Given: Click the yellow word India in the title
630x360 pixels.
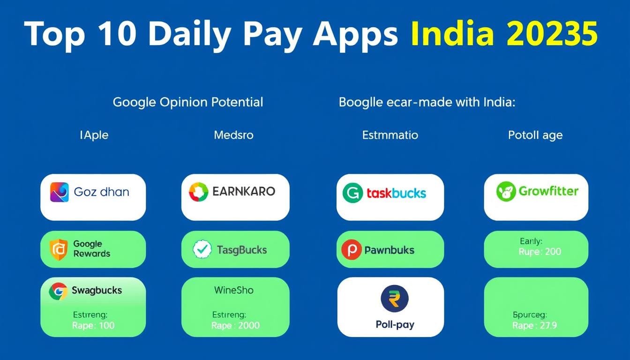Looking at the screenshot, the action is (x=452, y=33).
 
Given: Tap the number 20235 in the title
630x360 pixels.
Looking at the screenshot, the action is (x=552, y=34).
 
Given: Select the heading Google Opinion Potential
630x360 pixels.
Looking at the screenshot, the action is (x=188, y=102).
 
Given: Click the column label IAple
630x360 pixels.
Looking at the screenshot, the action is (x=94, y=135).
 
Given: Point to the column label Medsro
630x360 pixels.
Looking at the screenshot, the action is (x=233, y=135).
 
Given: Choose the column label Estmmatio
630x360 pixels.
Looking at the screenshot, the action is (x=390, y=135).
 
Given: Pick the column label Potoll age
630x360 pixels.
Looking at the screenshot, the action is (x=535, y=135).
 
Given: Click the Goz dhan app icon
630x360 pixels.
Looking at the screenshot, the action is (x=60, y=192).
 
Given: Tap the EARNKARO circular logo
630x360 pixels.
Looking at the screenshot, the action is (x=199, y=192).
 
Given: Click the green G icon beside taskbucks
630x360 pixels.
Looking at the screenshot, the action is (x=352, y=193).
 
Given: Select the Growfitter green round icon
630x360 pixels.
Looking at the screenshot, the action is (x=506, y=192).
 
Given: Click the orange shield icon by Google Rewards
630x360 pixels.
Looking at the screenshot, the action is (x=59, y=249).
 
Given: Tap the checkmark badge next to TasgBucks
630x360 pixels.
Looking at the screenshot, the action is (x=202, y=249).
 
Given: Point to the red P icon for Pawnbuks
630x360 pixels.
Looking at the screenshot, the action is (x=352, y=249).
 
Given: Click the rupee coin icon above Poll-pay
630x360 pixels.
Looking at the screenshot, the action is (x=395, y=299).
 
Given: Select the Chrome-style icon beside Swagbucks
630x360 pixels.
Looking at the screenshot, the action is (x=58, y=292).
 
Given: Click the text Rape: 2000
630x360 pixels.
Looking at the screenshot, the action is (x=235, y=325).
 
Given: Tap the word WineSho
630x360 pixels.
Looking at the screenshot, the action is (x=234, y=290).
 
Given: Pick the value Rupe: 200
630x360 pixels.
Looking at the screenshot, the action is (x=540, y=251).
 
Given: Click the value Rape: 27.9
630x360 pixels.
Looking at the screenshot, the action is (x=535, y=325).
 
